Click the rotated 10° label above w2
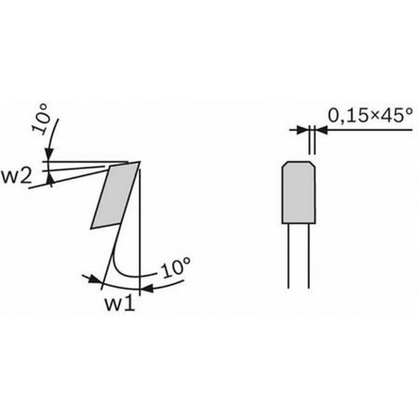(x=41, y=120)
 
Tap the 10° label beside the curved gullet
(x=176, y=268)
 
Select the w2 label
(x=16, y=176)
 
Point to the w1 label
(x=120, y=303)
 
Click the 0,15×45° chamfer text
(x=370, y=115)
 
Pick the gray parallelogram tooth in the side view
(x=115, y=195)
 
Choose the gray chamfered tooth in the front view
(x=299, y=192)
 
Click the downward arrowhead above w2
(x=49, y=155)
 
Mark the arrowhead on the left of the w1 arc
(x=95, y=279)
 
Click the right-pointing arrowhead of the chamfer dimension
(x=303, y=130)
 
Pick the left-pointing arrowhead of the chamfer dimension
(x=322, y=130)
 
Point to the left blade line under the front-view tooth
(x=288, y=256)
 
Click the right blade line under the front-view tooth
(x=308, y=256)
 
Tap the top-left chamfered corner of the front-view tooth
(x=285, y=164)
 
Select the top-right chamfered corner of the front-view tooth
(x=313, y=164)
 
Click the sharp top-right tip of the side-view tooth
(x=140, y=161)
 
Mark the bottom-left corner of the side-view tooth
(x=91, y=228)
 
